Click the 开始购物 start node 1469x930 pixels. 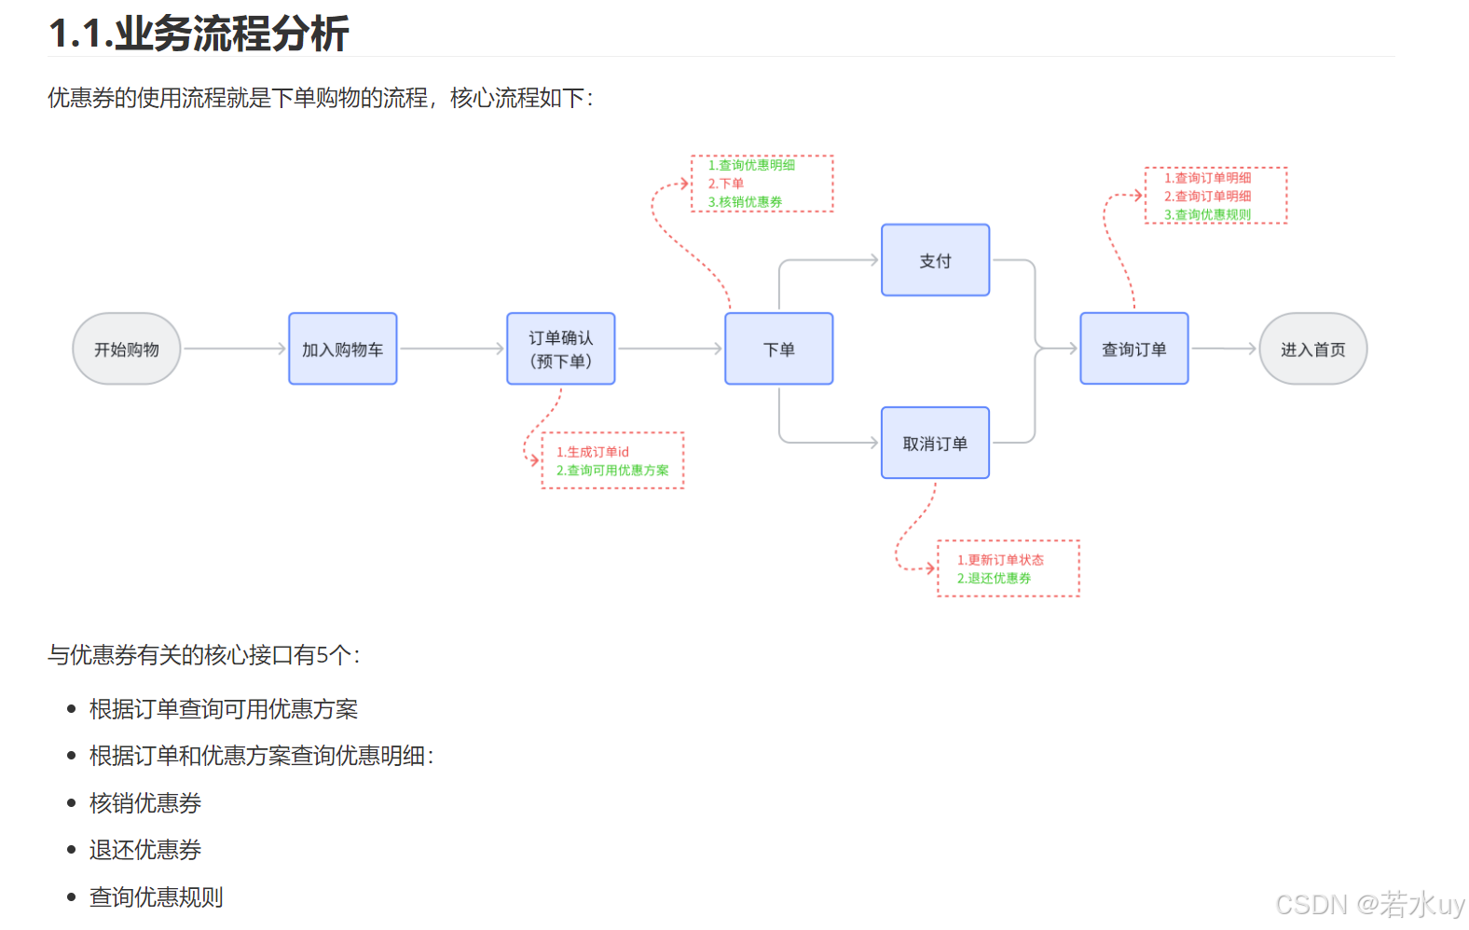pos(127,349)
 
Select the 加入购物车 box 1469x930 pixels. pos(342,349)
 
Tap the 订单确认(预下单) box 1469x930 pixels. pos(560,349)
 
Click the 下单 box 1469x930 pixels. pos(778,349)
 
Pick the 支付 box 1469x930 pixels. pos(935,261)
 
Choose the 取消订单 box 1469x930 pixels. pos(935,444)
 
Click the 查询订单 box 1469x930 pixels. pos(1133,349)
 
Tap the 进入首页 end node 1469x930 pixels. pos(1312,349)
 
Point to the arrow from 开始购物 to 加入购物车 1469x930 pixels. pos(234,349)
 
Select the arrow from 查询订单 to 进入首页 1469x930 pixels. pos(1224,349)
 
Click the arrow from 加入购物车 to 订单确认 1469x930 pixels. pos(452,349)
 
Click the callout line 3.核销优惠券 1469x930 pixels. pos(745,202)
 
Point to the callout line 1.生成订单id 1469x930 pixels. pos(593,452)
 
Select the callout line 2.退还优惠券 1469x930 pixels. pos(994,579)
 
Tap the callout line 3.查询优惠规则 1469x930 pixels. pos(1207,215)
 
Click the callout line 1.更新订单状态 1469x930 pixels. pos(1000,560)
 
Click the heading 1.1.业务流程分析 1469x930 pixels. pos(199,34)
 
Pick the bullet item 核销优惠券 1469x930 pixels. pos(145,803)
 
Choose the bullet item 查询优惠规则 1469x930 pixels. pos(157,897)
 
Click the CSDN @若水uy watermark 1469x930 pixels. pos(1369,905)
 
